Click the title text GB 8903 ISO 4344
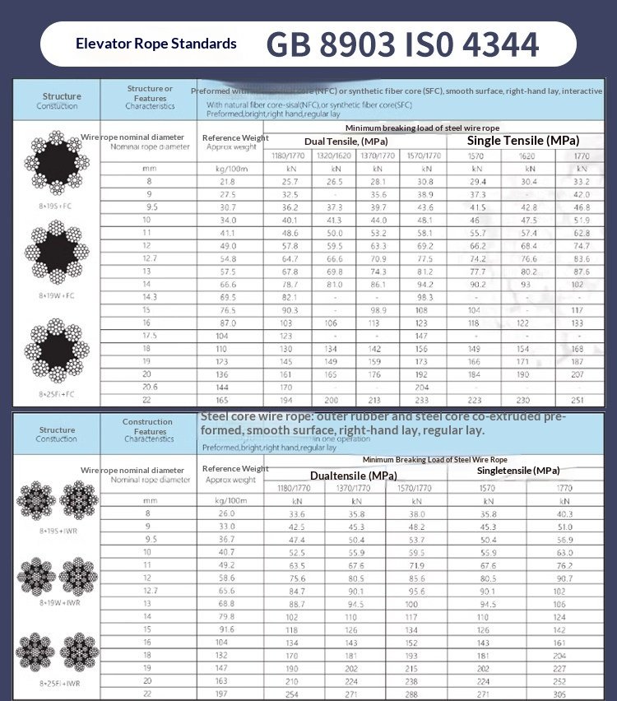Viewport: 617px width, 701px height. (402, 44)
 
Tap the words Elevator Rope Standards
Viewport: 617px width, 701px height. (156, 44)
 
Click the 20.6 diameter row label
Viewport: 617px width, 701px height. (149, 386)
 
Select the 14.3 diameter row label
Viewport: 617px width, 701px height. (149, 296)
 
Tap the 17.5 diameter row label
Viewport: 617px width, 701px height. (149, 336)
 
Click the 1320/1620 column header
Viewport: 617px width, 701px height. (334, 155)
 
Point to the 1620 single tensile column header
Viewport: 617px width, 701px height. (527, 155)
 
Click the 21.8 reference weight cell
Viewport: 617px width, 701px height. (227, 181)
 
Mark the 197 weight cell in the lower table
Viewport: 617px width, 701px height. (225, 694)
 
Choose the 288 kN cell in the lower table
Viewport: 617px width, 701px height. (417, 694)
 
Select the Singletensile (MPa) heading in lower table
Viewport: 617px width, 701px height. (518, 471)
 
